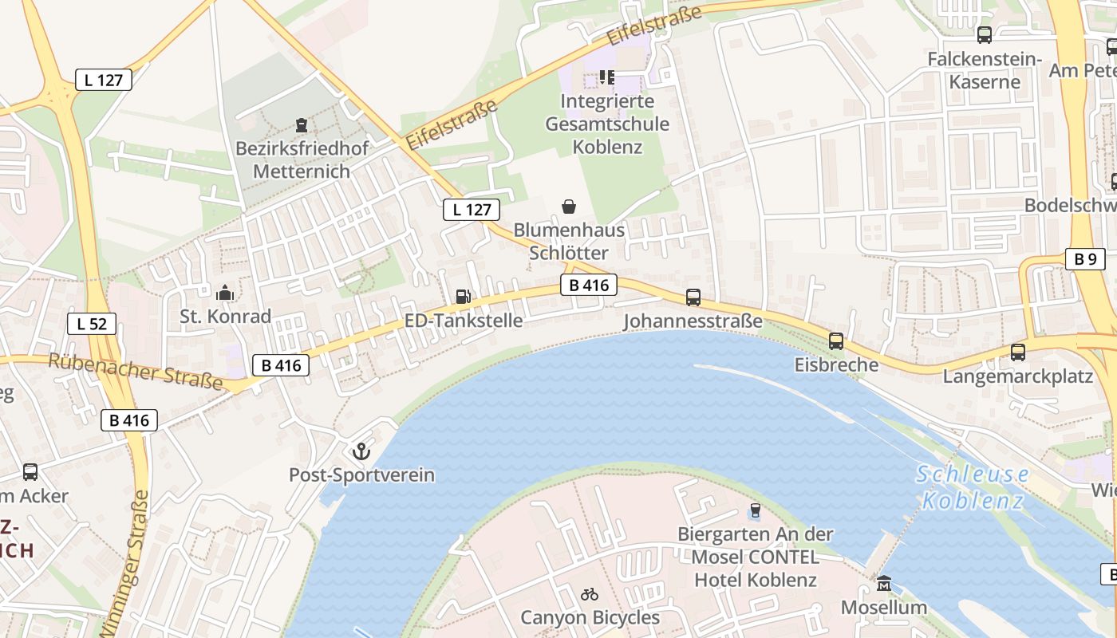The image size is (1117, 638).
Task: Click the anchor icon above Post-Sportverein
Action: (361, 451)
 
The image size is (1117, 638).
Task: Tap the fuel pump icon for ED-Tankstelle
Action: (463, 297)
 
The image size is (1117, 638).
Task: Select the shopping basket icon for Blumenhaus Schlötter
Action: (569, 207)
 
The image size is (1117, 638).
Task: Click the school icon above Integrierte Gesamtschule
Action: (607, 77)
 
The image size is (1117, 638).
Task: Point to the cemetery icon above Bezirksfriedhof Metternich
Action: (302, 125)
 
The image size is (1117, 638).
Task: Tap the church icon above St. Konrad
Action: (225, 293)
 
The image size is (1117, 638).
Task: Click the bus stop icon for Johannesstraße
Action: (693, 297)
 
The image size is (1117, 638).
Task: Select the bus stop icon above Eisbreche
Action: (835, 341)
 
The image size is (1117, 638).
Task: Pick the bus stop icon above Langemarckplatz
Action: (1017, 352)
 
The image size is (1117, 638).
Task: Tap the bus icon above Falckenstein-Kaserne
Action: (984, 35)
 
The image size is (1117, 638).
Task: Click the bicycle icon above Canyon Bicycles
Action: (590, 594)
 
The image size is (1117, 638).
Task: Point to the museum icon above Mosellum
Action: (883, 584)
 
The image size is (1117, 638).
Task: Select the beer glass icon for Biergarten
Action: (755, 510)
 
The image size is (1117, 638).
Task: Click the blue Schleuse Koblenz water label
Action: (972, 487)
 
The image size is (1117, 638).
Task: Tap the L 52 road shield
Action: (92, 324)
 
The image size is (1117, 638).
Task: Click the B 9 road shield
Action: (1085, 258)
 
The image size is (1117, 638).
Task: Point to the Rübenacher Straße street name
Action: (136, 372)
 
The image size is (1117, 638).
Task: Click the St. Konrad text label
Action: (225, 317)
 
